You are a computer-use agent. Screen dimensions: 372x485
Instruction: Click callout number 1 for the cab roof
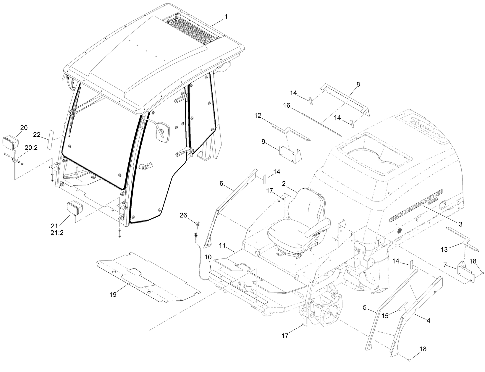click(x=226, y=17)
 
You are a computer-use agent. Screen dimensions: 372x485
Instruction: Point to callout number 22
click(x=37, y=135)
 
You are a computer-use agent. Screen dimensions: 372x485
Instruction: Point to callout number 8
click(x=358, y=84)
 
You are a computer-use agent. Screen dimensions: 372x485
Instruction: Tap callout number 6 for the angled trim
click(x=221, y=183)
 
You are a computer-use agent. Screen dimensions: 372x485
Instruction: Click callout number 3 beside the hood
click(x=460, y=224)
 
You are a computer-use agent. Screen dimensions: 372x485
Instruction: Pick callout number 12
click(x=258, y=115)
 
